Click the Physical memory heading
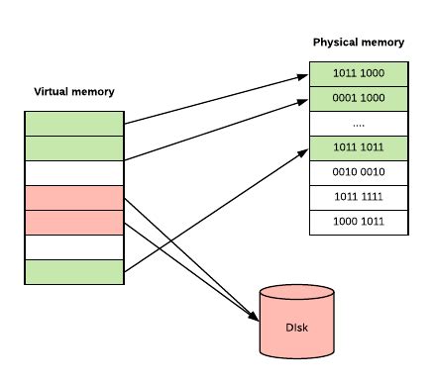click(358, 43)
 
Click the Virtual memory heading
click(74, 92)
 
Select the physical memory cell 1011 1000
click(359, 74)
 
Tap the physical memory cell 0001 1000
click(359, 99)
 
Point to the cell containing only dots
click(359, 124)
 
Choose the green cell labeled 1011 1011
click(359, 148)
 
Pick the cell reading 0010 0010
click(359, 173)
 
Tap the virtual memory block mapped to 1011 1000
click(74, 124)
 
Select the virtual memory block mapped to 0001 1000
click(74, 148)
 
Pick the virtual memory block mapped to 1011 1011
click(74, 271)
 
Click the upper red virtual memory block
click(74, 198)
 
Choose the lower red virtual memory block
click(74, 223)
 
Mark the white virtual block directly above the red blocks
click(74, 173)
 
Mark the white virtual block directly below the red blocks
click(74, 246)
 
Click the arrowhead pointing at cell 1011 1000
click(303, 75)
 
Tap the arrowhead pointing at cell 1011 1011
click(303, 150)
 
